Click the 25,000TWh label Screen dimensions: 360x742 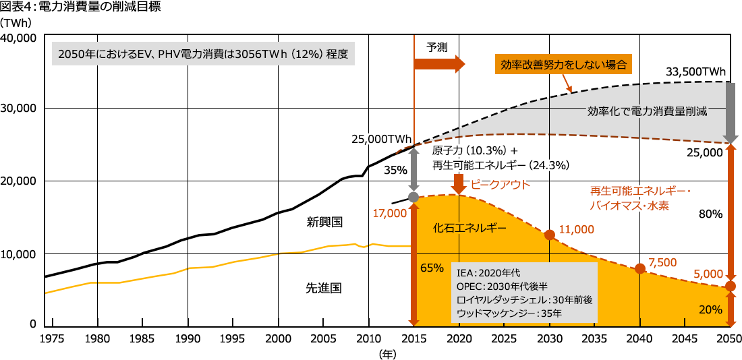[381, 139]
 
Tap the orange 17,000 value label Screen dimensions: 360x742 [389, 213]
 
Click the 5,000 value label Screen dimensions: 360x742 [708, 275]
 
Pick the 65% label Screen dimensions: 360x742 [431, 268]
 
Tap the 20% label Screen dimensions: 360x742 [711, 309]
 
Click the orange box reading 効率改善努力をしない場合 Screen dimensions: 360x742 [564, 65]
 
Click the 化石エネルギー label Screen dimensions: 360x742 [469, 228]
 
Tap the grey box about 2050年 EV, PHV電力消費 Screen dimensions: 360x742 [203, 54]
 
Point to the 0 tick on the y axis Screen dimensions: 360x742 [32, 324]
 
